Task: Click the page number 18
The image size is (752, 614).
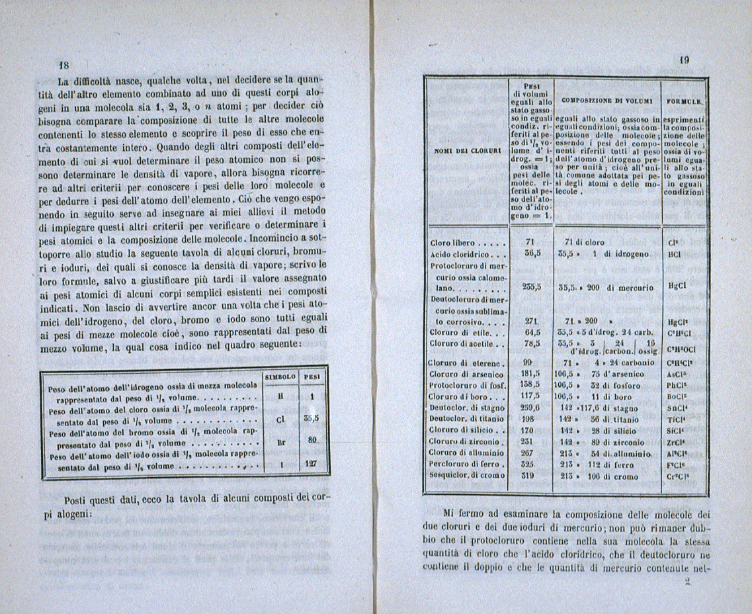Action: point(64,66)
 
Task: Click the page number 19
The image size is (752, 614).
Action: point(685,60)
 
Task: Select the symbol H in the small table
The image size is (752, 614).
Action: point(281,397)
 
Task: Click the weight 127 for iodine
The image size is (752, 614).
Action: point(312,464)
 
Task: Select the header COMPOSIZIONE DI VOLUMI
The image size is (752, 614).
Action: point(606,101)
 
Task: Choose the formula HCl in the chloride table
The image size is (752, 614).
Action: point(675,253)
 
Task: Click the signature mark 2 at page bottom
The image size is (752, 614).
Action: point(688,582)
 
